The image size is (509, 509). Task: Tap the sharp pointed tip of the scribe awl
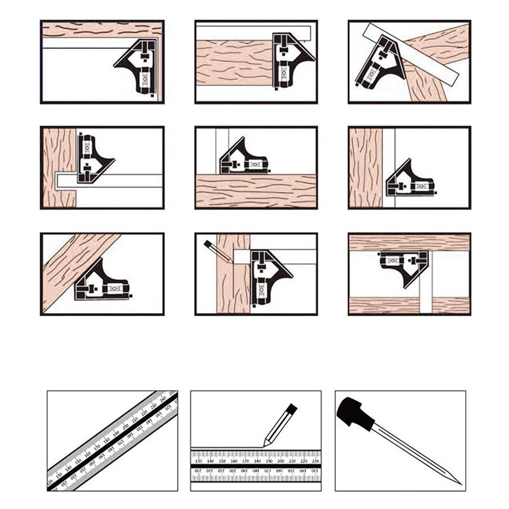460,483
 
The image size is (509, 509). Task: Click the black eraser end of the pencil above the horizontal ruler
291,408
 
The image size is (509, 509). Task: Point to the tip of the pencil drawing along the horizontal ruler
266,444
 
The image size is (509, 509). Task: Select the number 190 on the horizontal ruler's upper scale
269,461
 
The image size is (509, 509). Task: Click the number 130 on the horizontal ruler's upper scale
199,461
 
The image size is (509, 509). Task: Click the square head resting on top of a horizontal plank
242,161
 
